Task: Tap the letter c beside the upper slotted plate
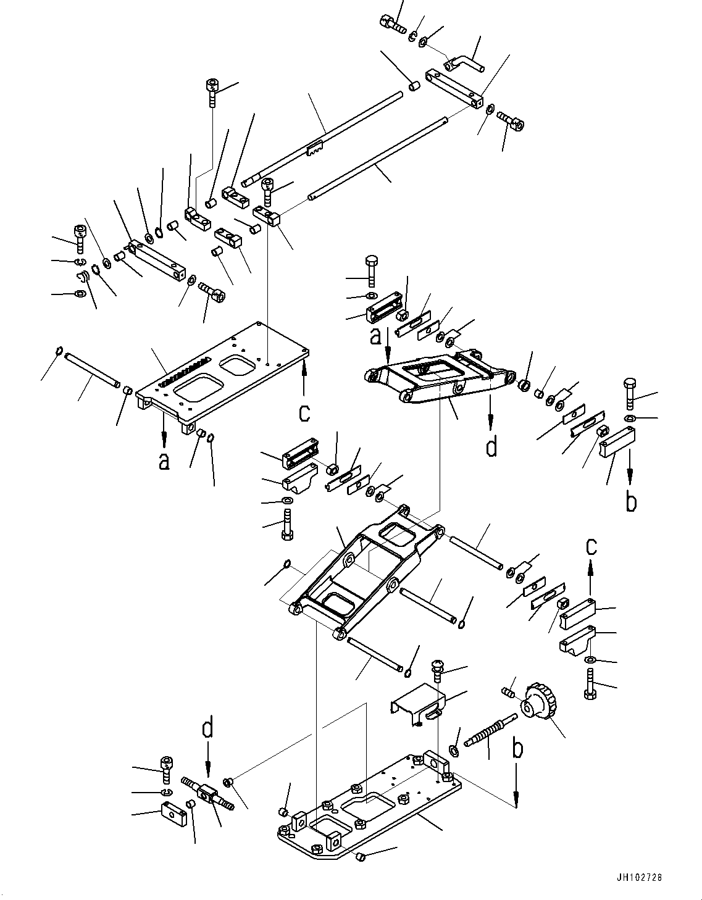(304, 412)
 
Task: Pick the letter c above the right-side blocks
(591, 546)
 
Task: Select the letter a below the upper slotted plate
(164, 460)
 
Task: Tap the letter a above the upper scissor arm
(375, 336)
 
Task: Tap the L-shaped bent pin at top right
(466, 62)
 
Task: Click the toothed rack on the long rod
(315, 149)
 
